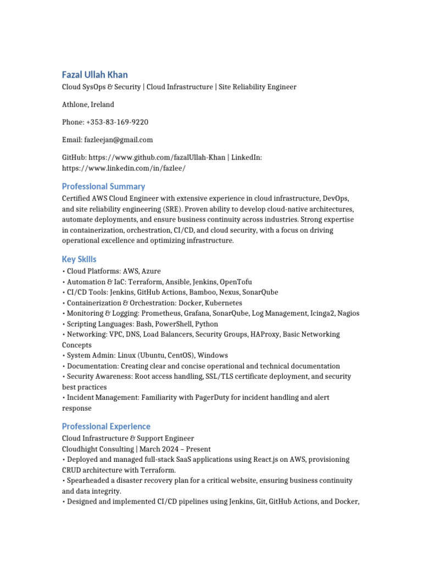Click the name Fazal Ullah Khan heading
point(95,74)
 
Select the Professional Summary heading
point(103,186)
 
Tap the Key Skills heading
point(79,259)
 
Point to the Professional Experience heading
point(106,426)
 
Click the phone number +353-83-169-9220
point(117,122)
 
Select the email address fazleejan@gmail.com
point(118,140)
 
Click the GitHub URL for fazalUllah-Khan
point(157,157)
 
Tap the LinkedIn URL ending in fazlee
point(124,168)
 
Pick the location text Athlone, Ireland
point(88,104)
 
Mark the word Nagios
point(348,313)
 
